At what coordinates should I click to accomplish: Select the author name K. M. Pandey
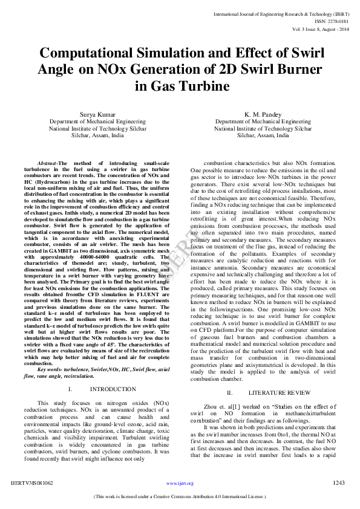[x=263, y=114]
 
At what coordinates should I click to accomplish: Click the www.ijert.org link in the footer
[x=180, y=484]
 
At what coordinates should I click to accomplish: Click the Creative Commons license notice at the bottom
[x=180, y=497]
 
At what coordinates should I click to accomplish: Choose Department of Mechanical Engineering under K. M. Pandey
[x=263, y=122]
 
